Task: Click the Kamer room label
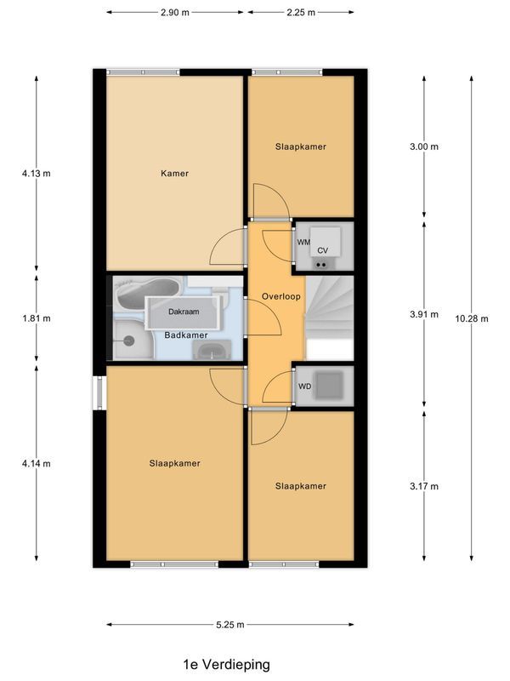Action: [174, 174]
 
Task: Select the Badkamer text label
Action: [186, 335]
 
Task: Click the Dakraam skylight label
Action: [184, 312]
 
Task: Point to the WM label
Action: [303, 243]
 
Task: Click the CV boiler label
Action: [323, 251]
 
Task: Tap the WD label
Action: [303, 386]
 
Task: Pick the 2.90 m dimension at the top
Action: [175, 13]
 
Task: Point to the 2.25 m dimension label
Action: [300, 13]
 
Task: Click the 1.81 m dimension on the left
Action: [37, 318]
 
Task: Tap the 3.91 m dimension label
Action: [423, 314]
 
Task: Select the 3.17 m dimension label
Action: [423, 487]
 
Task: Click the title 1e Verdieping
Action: [226, 662]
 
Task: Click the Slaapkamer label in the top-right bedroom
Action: [300, 146]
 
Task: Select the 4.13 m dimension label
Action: [37, 174]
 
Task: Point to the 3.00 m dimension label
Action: [423, 146]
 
